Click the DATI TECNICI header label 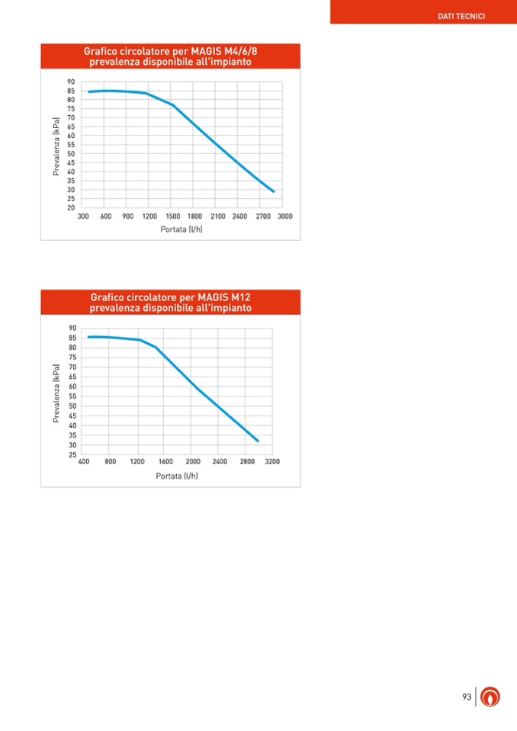coord(461,16)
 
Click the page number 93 coord(466,697)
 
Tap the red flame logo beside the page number coord(491,697)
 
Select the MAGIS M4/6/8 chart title coord(170,56)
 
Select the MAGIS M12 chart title coord(170,303)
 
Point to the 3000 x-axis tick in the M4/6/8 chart coord(285,216)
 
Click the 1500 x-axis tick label coord(172,216)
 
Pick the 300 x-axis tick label coord(82,216)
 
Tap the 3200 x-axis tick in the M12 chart coord(272,462)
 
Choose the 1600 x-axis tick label coord(165,462)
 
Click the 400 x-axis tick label coord(83,462)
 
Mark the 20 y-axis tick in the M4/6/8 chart coord(71,207)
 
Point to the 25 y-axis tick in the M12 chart coord(72,454)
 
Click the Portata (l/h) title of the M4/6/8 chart coord(181,229)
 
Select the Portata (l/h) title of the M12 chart coord(177,476)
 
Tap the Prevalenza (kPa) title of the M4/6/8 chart coord(56,145)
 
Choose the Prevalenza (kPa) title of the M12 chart coord(56,393)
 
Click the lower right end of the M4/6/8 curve coord(273,191)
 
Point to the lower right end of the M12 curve coord(258,441)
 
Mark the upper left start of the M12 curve coord(88,337)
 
